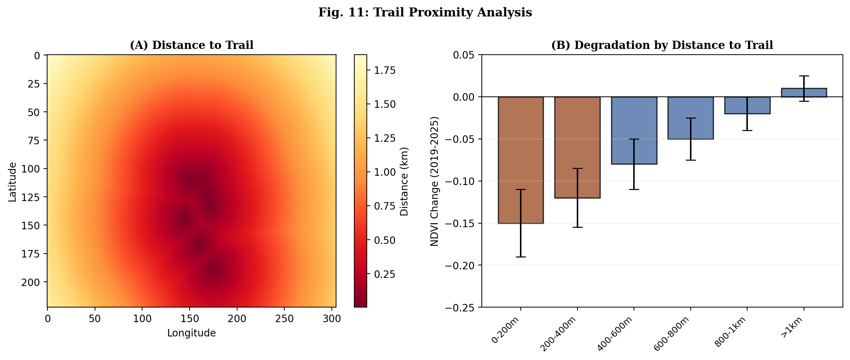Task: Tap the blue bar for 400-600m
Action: click(634, 130)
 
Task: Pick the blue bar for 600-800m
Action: click(690, 118)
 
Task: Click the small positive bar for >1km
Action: click(804, 92)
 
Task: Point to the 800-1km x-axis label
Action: click(731, 332)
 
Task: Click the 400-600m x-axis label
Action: click(615, 334)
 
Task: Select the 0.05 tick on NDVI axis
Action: click(464, 55)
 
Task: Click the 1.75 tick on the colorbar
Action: click(385, 70)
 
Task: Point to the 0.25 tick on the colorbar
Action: click(385, 274)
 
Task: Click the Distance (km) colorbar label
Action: click(404, 181)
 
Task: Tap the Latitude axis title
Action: click(12, 182)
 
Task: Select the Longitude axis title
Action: click(191, 333)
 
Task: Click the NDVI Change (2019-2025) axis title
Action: click(434, 181)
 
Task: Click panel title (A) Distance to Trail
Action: click(191, 45)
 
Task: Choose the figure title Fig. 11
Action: click(425, 12)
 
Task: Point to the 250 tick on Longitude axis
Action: click(284, 319)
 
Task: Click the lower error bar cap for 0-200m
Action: click(520, 257)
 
